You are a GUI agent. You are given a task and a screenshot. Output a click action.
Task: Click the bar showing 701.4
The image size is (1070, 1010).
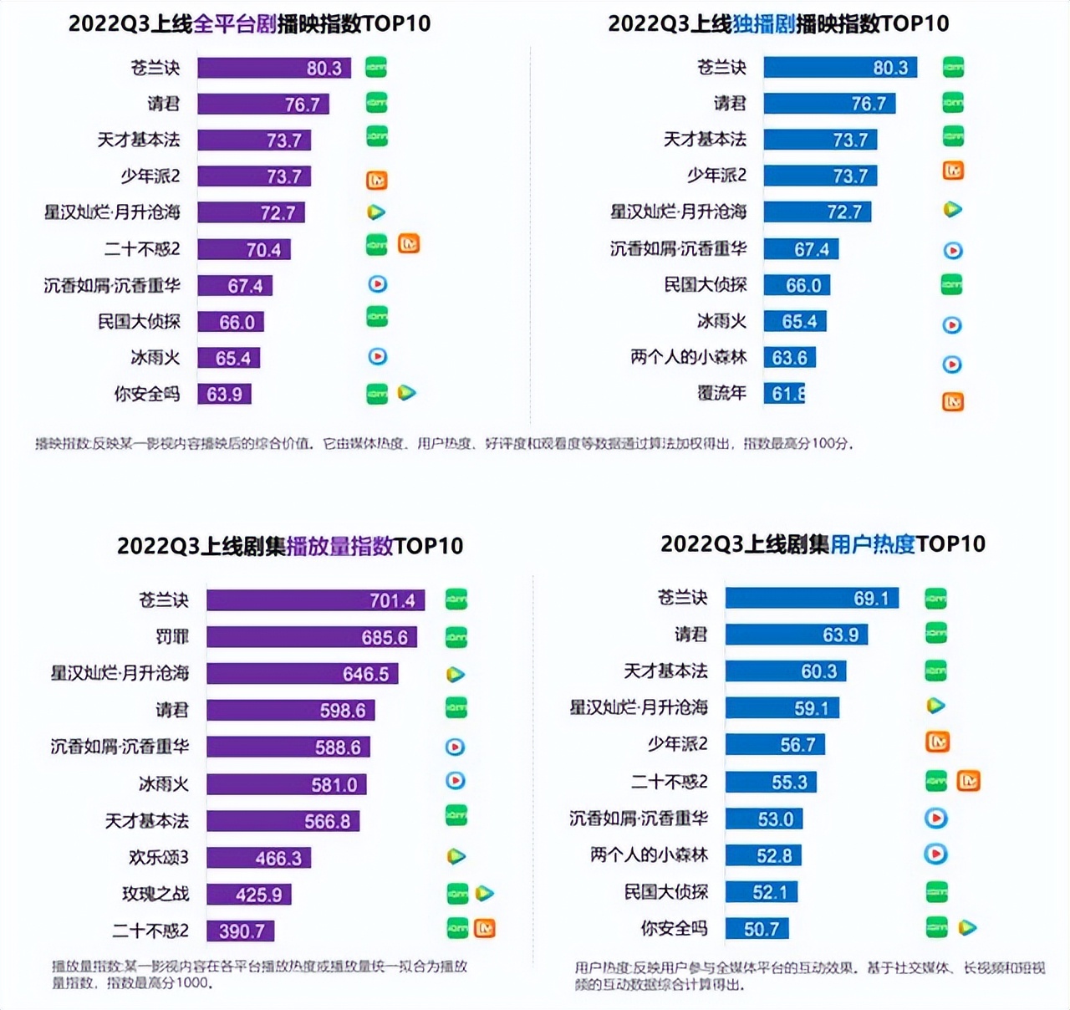(x=315, y=600)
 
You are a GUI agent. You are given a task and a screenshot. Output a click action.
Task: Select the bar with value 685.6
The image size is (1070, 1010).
(x=311, y=637)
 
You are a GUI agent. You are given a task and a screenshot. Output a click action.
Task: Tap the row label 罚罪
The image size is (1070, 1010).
(x=172, y=637)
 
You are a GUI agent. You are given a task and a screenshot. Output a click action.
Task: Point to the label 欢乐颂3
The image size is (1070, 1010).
(x=159, y=858)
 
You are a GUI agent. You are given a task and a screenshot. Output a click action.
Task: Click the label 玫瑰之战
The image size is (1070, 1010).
(x=155, y=894)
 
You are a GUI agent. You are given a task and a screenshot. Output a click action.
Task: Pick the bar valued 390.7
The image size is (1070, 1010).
(x=241, y=931)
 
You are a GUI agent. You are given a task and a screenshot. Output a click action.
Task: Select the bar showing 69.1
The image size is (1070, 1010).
(x=812, y=599)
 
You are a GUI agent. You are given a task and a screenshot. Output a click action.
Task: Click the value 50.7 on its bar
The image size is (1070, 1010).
(x=761, y=929)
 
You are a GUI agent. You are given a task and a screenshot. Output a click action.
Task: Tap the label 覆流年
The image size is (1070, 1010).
(x=722, y=393)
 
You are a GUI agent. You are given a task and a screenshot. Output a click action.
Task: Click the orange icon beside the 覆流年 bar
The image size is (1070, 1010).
(x=953, y=402)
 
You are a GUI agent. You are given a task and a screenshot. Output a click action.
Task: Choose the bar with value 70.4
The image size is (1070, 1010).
(x=244, y=249)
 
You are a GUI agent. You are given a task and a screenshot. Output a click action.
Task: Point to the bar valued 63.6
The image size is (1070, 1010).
(x=789, y=358)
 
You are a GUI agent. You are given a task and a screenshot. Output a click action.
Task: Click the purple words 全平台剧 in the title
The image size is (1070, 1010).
(x=235, y=23)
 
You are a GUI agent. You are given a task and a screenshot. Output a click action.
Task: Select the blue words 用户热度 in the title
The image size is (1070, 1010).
(x=873, y=544)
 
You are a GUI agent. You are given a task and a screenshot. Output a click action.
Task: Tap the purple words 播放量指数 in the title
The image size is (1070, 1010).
(x=339, y=546)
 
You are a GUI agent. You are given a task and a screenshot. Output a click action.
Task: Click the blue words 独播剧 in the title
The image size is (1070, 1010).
(x=763, y=23)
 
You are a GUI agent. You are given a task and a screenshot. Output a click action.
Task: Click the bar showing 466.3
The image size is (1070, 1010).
(x=259, y=858)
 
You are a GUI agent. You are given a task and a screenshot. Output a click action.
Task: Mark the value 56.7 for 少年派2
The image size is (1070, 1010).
(x=797, y=745)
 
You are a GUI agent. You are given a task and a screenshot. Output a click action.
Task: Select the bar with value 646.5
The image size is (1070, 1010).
(x=302, y=674)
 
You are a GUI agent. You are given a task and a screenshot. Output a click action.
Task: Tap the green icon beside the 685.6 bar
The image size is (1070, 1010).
(x=456, y=637)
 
